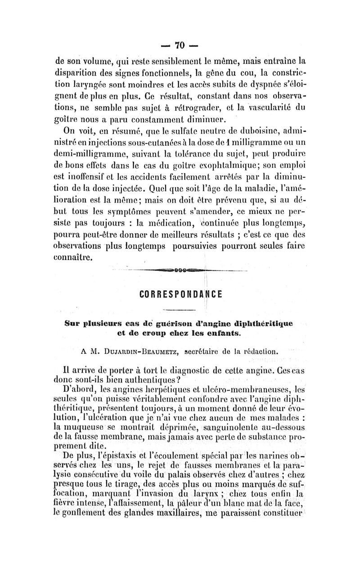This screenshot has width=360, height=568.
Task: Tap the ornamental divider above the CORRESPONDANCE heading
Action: (x=180, y=270)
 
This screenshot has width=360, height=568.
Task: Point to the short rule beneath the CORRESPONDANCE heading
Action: (x=180, y=310)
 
